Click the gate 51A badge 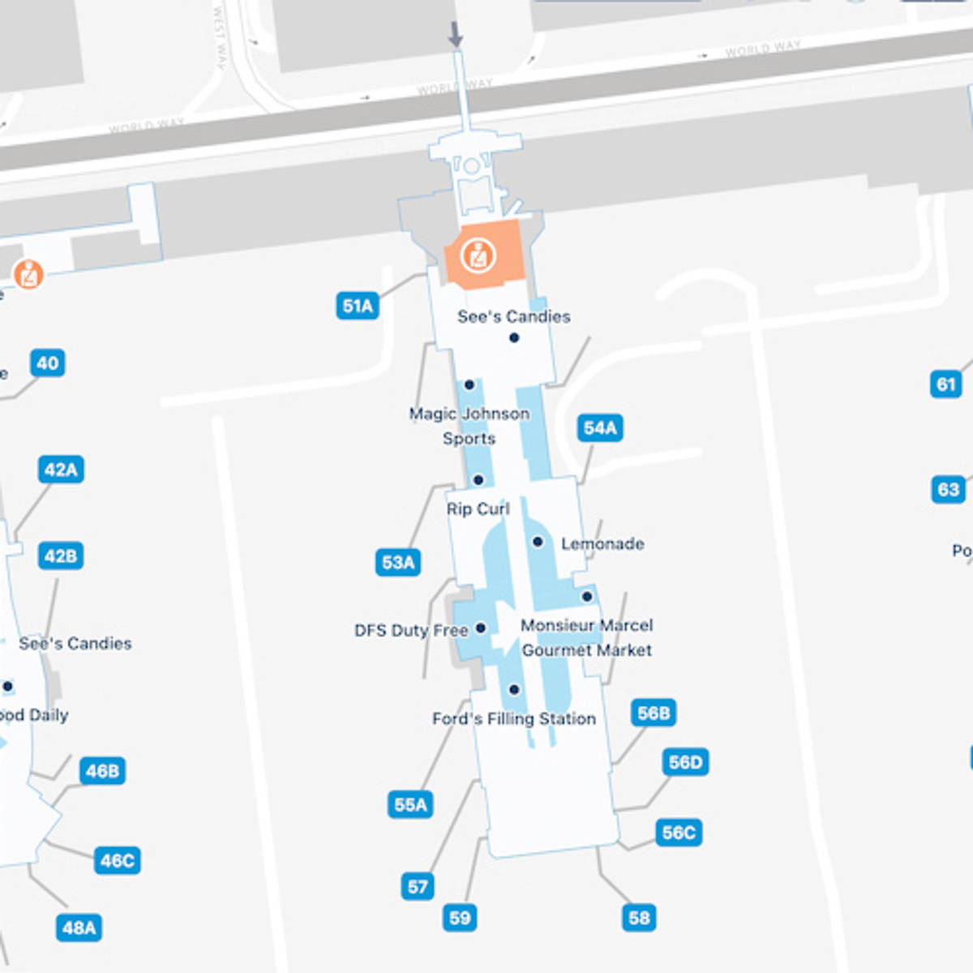pyautogui.click(x=358, y=306)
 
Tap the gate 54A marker pyautogui.click(x=600, y=427)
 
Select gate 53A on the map pyautogui.click(x=398, y=562)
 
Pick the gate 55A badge pyautogui.click(x=410, y=804)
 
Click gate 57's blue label pyautogui.click(x=418, y=886)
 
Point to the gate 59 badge pyautogui.click(x=460, y=918)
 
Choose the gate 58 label pyautogui.click(x=639, y=918)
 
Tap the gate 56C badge pyautogui.click(x=679, y=833)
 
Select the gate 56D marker pyautogui.click(x=685, y=762)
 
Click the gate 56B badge pyautogui.click(x=654, y=713)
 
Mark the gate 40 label pyautogui.click(x=48, y=362)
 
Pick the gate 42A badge pyautogui.click(x=61, y=469)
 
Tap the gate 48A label pyautogui.click(x=79, y=928)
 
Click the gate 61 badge pyautogui.click(x=946, y=384)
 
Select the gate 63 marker pyautogui.click(x=948, y=489)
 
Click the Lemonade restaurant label pyautogui.click(x=602, y=543)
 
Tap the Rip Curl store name pyautogui.click(x=478, y=508)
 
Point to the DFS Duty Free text pyautogui.click(x=411, y=630)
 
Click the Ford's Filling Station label pyautogui.click(x=514, y=718)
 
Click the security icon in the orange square pyautogui.click(x=478, y=255)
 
